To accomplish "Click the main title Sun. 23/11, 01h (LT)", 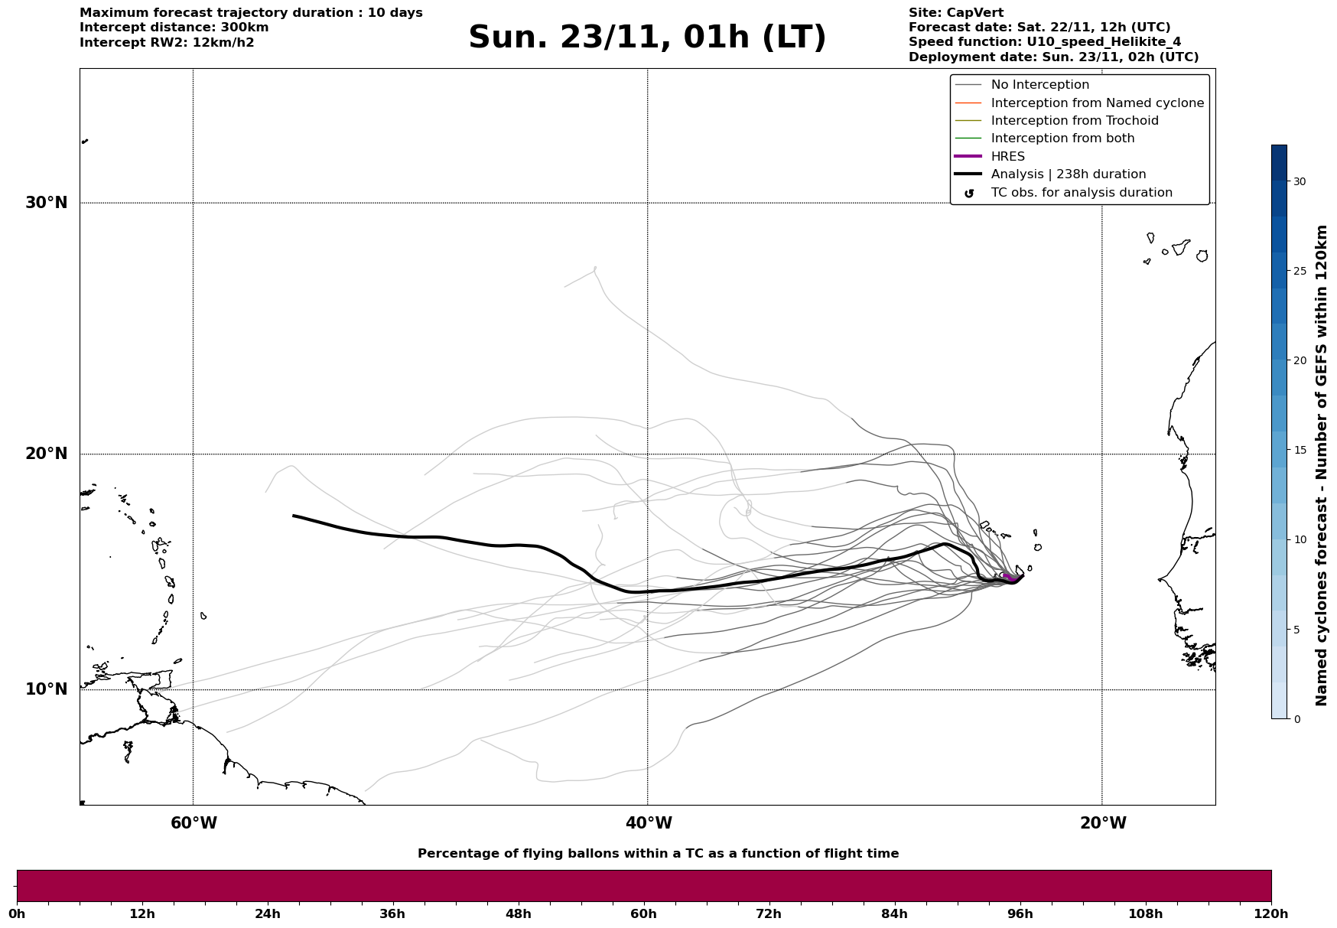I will tap(647, 37).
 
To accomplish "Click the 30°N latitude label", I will tap(47, 203).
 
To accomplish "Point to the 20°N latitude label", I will tap(47, 454).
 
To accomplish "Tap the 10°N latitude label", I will tap(47, 689).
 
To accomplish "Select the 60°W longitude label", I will tap(194, 823).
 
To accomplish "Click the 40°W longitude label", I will tap(649, 823).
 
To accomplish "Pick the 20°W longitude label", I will tap(1103, 823).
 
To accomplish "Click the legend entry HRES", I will tap(1007, 157).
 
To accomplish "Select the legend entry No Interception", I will tap(1039, 85).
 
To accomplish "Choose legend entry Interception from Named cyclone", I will tap(1097, 103).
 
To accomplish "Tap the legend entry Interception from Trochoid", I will tap(1074, 121).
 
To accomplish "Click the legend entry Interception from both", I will tap(1062, 138).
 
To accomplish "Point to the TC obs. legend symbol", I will tap(969, 194).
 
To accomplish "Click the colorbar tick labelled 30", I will tap(1299, 181).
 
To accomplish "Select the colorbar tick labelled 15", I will tap(1299, 450).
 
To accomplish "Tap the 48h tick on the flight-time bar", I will tap(518, 913).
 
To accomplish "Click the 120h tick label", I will tap(1271, 913).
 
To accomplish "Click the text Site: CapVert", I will tap(955, 13).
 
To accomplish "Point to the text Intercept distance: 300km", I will tap(174, 28).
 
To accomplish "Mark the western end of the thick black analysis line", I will tap(294, 516).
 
